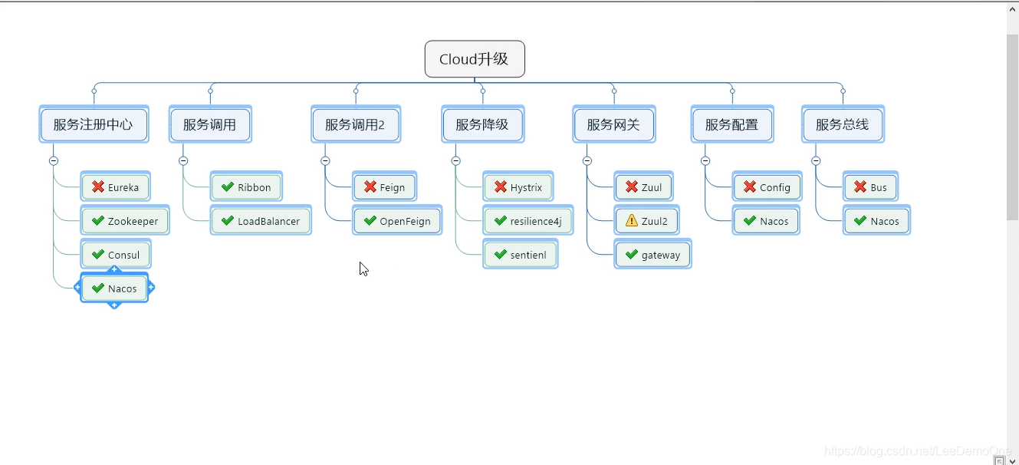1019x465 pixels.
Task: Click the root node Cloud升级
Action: click(x=475, y=59)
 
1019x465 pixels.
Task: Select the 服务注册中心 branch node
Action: click(x=94, y=124)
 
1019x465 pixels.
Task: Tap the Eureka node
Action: click(x=115, y=187)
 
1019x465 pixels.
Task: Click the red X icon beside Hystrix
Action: click(x=501, y=186)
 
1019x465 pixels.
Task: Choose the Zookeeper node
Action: click(x=124, y=221)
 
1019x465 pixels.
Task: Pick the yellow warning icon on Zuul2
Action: click(x=632, y=220)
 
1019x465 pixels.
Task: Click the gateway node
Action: click(x=652, y=255)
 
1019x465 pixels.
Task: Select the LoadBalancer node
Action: click(x=260, y=221)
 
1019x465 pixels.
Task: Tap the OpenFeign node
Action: click(x=396, y=221)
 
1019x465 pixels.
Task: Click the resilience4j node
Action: click(x=528, y=221)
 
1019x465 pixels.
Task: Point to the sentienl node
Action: click(x=520, y=255)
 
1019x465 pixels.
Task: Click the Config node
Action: click(x=767, y=187)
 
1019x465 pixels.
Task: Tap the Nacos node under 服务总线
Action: click(x=876, y=221)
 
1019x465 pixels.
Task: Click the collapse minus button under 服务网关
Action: click(x=587, y=161)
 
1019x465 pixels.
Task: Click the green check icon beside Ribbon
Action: click(x=228, y=186)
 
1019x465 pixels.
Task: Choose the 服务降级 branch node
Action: click(x=482, y=124)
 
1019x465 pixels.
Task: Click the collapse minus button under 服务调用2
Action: click(x=325, y=161)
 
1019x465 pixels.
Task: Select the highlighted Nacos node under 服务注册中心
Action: click(x=114, y=289)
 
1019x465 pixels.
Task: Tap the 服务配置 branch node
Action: click(x=731, y=124)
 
